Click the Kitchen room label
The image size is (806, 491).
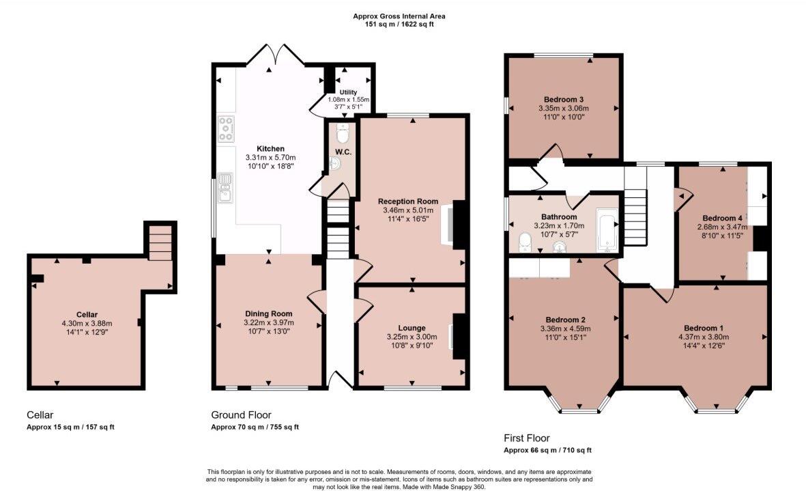coord(270,149)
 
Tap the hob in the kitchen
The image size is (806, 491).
coord(226,129)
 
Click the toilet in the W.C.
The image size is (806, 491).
coord(343,133)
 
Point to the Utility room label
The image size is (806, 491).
coord(348,92)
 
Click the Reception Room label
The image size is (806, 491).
coord(408,201)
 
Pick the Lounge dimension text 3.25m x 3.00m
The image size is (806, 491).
coord(412,337)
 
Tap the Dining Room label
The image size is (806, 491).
coord(268,313)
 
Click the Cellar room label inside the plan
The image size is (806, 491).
coord(87,315)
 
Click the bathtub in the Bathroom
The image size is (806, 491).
coord(607,230)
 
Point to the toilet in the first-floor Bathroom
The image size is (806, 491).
coord(525,242)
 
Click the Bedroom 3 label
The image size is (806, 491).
coord(563,99)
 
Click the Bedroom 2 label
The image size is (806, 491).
coord(566,320)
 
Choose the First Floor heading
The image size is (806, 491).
coord(526,438)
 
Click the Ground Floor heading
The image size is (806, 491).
coord(241,415)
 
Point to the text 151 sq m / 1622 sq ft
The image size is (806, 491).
coord(399,24)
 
